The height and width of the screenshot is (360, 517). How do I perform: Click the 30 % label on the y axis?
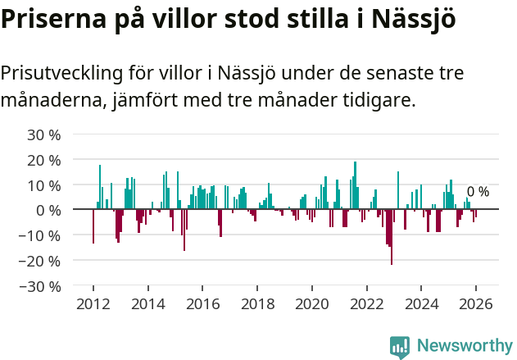43,134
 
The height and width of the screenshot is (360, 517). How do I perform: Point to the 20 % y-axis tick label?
43,160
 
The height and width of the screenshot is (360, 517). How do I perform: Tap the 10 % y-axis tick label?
43,185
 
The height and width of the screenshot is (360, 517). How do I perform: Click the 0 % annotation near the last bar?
478,192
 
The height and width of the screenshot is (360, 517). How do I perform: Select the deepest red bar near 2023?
392,238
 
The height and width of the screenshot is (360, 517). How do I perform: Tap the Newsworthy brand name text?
465,346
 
